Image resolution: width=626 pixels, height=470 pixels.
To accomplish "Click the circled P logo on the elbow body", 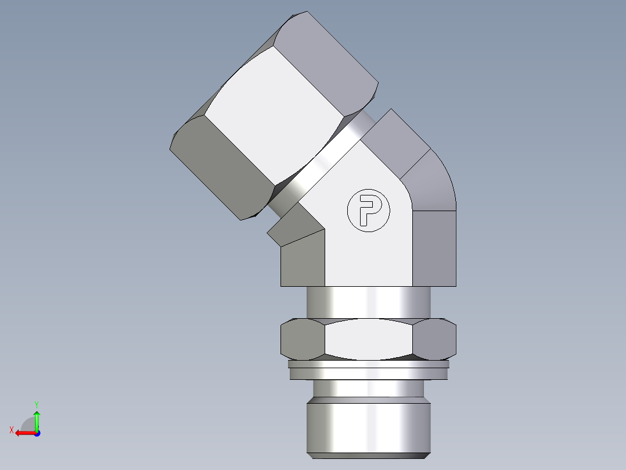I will pyautogui.click(x=368, y=210).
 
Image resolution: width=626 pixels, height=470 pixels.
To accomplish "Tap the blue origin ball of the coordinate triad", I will pyautogui.click(x=37, y=433).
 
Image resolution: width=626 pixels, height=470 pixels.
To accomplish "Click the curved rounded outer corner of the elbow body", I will pyautogui.click(x=433, y=177).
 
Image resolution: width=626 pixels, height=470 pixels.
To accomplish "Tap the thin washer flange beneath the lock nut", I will pyautogui.click(x=369, y=370).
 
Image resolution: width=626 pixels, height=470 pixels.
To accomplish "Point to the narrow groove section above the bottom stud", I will pyautogui.click(x=369, y=388).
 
